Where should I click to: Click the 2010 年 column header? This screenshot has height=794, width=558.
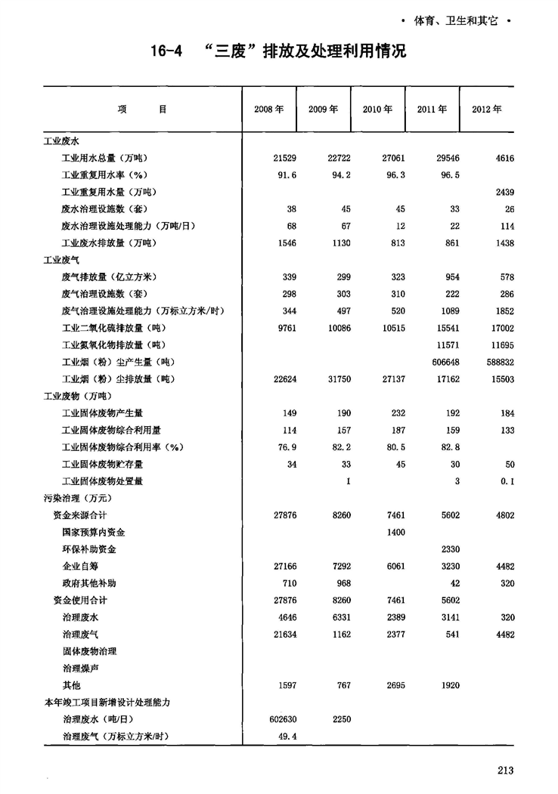click(x=377, y=110)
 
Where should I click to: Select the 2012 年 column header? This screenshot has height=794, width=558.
click(x=487, y=110)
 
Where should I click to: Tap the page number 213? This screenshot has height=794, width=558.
click(x=506, y=770)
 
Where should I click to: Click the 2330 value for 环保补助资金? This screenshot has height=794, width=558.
click(x=448, y=549)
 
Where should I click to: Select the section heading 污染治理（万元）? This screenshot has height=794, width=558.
click(x=73, y=499)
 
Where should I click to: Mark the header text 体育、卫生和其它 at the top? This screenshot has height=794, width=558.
click(x=454, y=20)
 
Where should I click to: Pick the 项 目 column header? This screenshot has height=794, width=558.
click(x=142, y=110)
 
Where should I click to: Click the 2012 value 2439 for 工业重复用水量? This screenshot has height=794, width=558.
click(x=503, y=193)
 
